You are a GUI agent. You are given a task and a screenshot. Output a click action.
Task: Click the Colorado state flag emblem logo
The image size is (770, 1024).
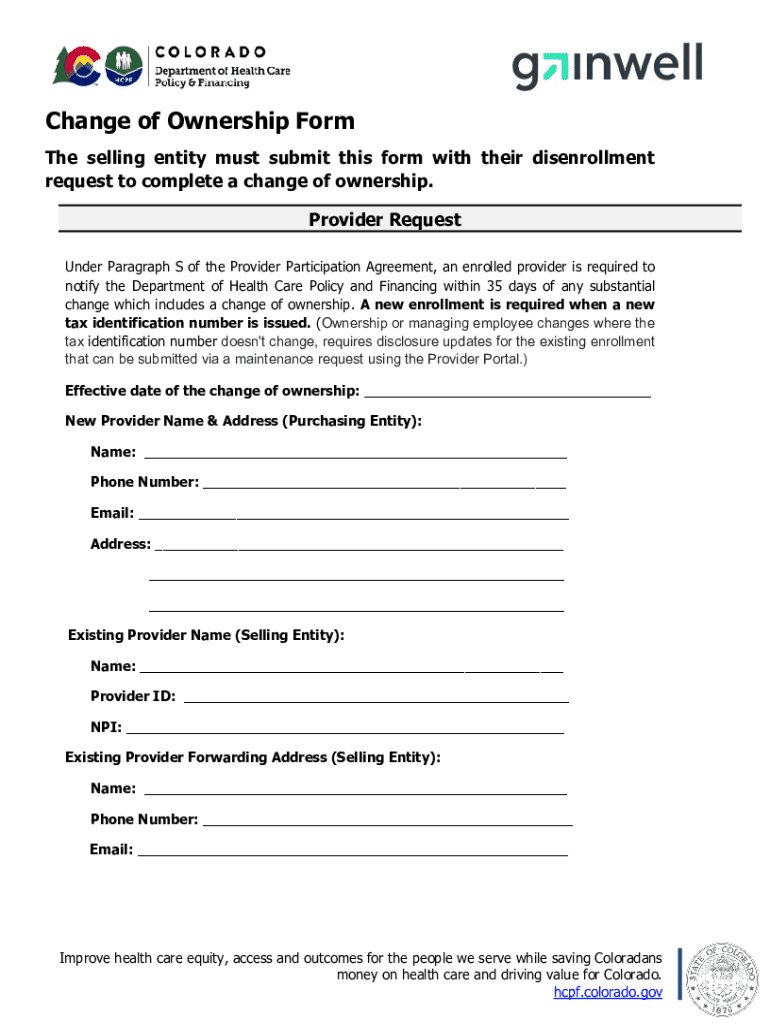[76, 65]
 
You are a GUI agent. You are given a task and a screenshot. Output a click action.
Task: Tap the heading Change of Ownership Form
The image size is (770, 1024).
[200, 122]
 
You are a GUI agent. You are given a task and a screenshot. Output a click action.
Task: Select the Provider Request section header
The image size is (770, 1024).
[385, 220]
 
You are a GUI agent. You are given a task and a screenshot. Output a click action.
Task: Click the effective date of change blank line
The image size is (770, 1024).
[507, 391]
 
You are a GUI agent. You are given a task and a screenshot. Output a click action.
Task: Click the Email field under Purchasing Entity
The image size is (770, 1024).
[353, 514]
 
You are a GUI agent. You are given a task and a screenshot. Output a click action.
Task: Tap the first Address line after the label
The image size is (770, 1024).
[360, 545]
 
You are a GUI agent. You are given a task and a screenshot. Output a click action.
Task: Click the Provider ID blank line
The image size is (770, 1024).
[376, 697]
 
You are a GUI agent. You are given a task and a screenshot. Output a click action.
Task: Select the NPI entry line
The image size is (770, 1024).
[344, 728]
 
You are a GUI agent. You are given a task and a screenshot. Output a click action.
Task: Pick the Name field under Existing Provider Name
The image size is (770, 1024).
[351, 667]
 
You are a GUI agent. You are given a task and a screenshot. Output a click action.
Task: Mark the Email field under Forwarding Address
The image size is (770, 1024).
[352, 851]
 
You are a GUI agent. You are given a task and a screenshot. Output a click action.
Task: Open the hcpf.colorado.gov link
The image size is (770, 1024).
[608, 992]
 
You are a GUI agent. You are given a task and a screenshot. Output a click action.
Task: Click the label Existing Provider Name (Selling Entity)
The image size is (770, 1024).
[206, 635]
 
